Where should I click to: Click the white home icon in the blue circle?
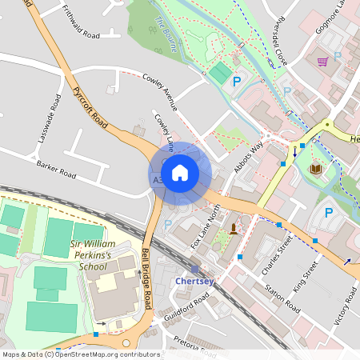(x=180, y=173)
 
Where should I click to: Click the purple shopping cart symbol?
(x=322, y=61)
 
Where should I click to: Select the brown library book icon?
(x=315, y=169)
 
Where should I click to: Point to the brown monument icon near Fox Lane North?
(x=233, y=229)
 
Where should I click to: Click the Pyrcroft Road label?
(x=90, y=110)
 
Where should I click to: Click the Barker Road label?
(x=56, y=170)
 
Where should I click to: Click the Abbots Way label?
(x=248, y=158)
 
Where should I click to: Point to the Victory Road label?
(x=343, y=308)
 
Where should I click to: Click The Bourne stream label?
(x=166, y=35)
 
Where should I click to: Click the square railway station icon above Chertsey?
(x=195, y=269)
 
